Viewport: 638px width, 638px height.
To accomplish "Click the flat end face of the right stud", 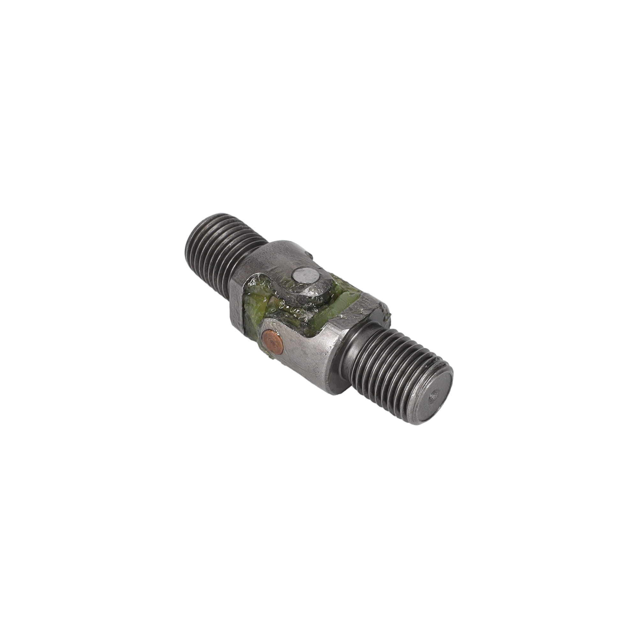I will coord(435,396).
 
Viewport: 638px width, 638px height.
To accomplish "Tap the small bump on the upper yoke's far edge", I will coord(310,254).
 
